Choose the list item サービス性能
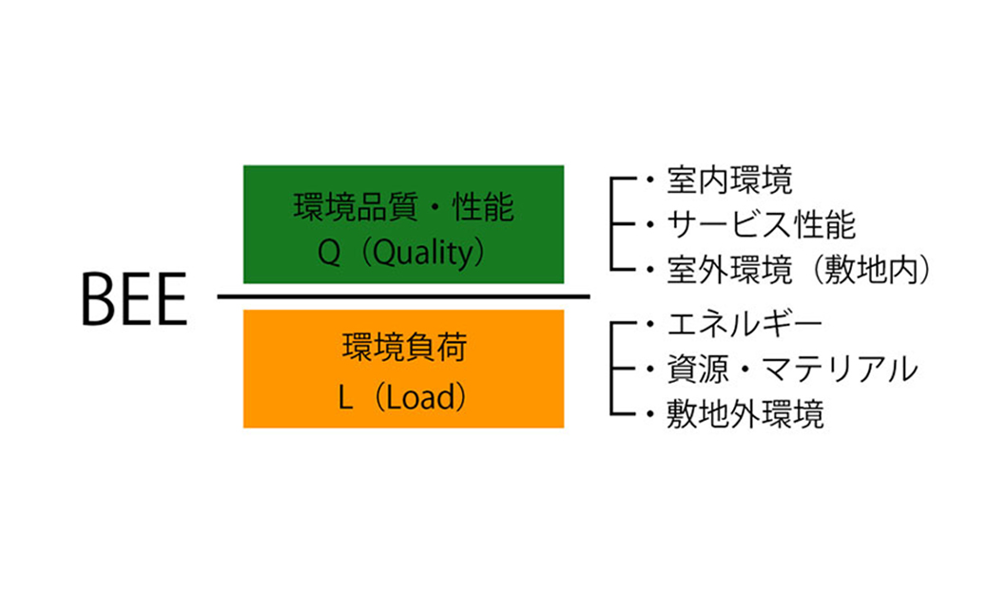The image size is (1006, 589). pos(761,225)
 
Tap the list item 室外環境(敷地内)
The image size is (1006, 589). pos(797,271)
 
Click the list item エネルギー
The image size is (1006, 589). pos(745,324)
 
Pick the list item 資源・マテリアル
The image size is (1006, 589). pos(792,369)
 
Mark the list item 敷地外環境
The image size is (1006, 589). pos(745,414)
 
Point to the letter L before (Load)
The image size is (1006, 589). pos(346,398)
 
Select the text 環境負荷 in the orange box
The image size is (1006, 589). pos(404,349)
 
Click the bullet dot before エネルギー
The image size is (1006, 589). pos(649,324)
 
